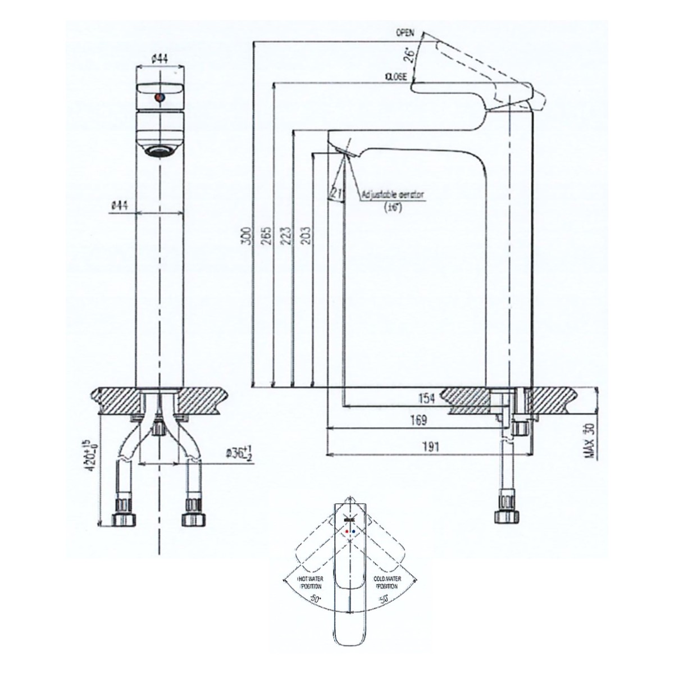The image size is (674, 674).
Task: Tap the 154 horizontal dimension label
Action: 427,399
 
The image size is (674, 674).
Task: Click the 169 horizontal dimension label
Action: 418,420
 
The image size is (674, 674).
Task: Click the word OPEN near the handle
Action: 404,33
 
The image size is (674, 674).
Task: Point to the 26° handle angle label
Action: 409,54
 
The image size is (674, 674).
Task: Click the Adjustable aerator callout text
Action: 393,195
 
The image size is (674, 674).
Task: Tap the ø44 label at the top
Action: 160,57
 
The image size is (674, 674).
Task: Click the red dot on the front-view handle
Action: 160,98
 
